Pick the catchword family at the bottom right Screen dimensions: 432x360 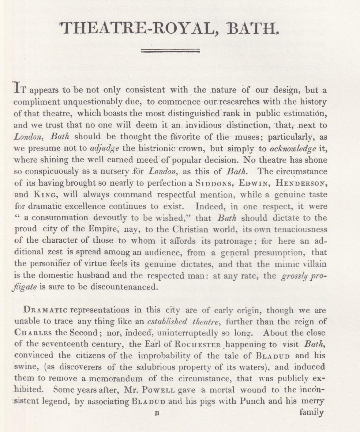[x=311, y=413]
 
